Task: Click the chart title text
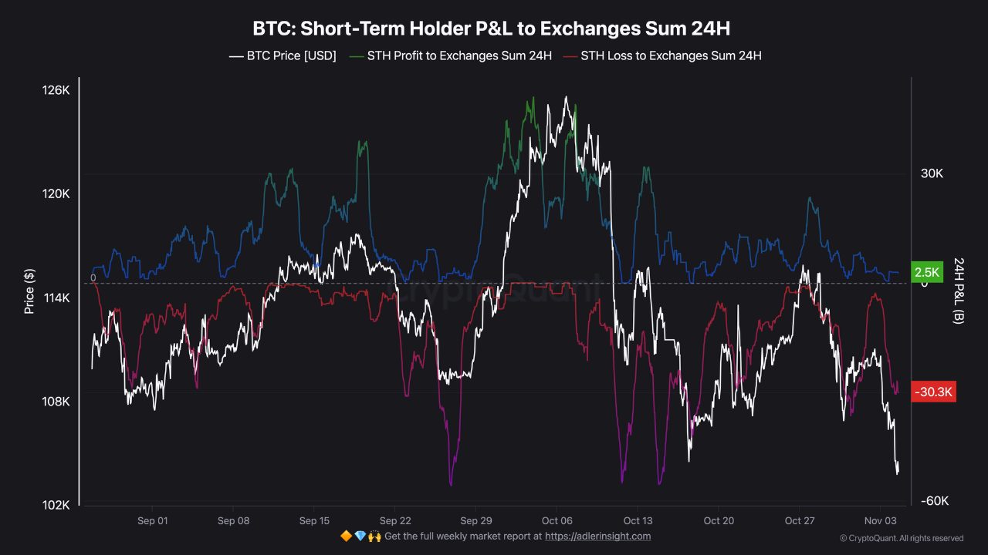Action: pyautogui.click(x=491, y=29)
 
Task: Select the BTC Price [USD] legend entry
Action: pyautogui.click(x=283, y=55)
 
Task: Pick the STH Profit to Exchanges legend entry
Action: pyautogui.click(x=451, y=55)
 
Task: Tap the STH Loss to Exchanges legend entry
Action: pyautogui.click(x=663, y=55)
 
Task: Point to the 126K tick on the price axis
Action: pyautogui.click(x=56, y=90)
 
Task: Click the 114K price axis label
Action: pyautogui.click(x=56, y=298)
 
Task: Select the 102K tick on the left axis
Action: pyautogui.click(x=56, y=505)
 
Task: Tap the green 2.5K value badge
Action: pyautogui.click(x=926, y=272)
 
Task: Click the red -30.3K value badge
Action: pyautogui.click(x=934, y=392)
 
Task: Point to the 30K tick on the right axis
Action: pyautogui.click(x=932, y=174)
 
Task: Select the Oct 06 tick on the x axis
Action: pyautogui.click(x=557, y=521)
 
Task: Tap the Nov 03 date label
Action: pyautogui.click(x=878, y=521)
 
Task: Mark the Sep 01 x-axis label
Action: pyautogui.click(x=152, y=521)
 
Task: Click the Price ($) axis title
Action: pyautogui.click(x=29, y=291)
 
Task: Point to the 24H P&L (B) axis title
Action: pyautogui.click(x=958, y=291)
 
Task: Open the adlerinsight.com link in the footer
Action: pyautogui.click(x=597, y=536)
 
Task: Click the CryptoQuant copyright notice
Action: pyautogui.click(x=901, y=538)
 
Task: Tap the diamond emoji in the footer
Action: pyautogui.click(x=360, y=536)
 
